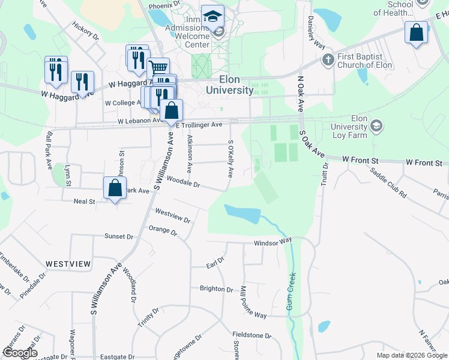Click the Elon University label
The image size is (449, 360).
(x=229, y=85)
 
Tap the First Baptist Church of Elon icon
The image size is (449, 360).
(x=327, y=60)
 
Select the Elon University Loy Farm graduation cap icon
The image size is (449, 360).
(x=376, y=126)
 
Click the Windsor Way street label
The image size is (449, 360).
(x=273, y=242)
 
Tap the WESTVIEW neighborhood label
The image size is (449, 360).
(x=68, y=264)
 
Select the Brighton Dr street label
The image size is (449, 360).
(x=216, y=289)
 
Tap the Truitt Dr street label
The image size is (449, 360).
(x=325, y=174)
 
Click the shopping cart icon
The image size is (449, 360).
(x=158, y=67)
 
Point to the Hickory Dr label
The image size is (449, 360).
(x=85, y=31)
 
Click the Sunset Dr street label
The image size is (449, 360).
(x=118, y=236)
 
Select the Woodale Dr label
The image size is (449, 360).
(x=183, y=181)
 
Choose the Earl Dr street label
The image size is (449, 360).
(x=215, y=262)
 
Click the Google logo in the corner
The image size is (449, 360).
(x=20, y=353)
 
